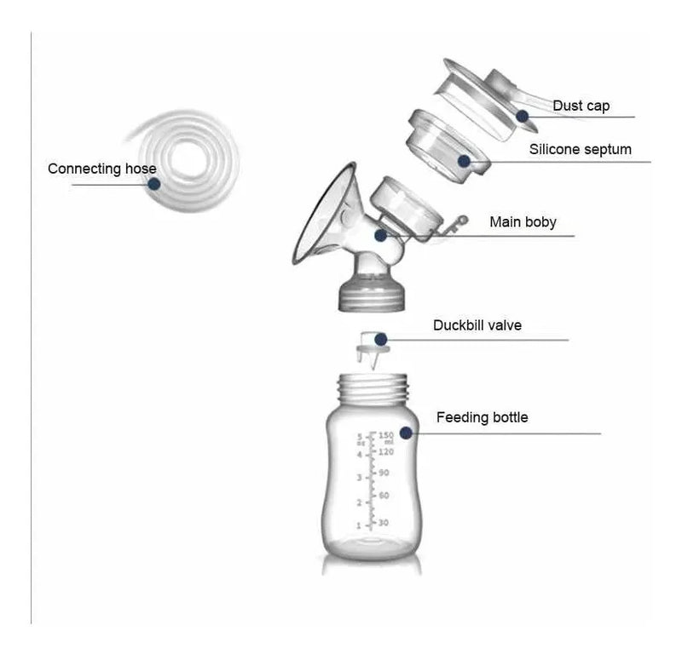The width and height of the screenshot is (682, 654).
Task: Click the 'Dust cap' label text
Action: point(581,106)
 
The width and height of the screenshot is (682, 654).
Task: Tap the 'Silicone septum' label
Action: point(581,150)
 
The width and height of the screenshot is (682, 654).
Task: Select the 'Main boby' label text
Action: point(523,222)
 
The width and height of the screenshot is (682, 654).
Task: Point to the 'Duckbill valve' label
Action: point(477,325)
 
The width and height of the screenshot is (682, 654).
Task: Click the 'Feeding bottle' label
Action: point(482,417)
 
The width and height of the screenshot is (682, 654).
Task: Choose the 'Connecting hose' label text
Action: point(102,169)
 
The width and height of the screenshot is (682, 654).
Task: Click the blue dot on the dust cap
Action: point(523,116)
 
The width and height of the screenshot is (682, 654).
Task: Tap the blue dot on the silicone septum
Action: point(464,161)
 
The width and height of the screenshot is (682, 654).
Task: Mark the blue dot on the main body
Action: point(380,236)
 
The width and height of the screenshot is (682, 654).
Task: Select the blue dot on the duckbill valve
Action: point(381,339)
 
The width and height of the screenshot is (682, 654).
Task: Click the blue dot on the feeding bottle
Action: point(406,433)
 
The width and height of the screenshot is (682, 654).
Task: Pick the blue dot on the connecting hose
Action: point(154,184)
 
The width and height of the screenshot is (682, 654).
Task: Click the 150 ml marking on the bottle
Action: point(386,437)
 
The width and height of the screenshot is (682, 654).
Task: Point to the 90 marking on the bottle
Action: point(384,473)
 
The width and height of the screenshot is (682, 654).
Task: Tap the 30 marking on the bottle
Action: point(383,522)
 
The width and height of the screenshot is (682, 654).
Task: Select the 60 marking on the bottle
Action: point(384,496)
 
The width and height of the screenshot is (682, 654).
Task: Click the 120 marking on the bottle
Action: point(386,452)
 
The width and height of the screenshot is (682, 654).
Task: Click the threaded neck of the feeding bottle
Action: point(373,389)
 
